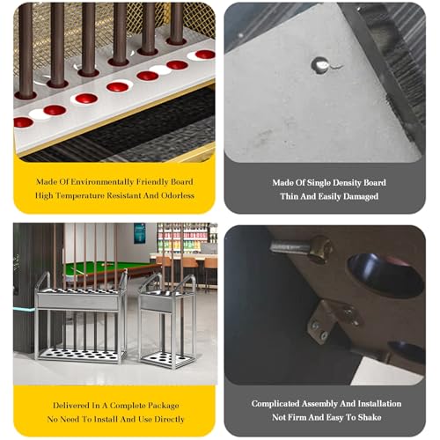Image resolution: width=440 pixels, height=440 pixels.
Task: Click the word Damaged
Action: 361,196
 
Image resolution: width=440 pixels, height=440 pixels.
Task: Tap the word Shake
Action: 370,417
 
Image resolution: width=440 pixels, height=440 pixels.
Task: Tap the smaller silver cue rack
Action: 167,320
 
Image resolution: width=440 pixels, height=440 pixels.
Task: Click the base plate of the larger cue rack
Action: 81,355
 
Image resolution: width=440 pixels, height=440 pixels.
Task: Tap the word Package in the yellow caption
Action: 161,406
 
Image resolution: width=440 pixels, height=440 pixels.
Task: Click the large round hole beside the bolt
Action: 385,275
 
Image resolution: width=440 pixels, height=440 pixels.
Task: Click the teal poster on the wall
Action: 140,233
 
